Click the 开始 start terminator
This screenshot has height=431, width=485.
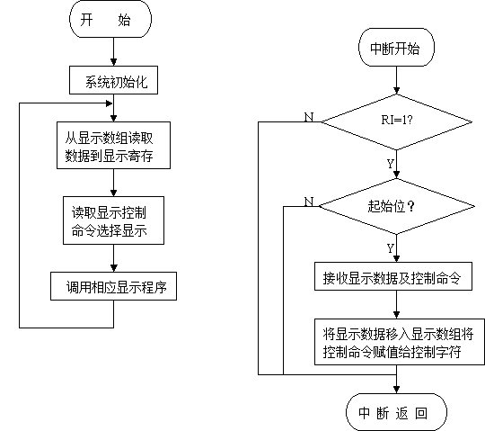pos(110,19)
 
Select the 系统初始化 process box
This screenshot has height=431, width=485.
pos(113,80)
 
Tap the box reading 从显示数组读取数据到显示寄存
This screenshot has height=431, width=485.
pos(113,146)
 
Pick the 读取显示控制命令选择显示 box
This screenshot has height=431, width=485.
pos(113,220)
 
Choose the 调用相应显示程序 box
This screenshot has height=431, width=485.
pos(113,286)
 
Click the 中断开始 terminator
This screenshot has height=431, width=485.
pos(396,48)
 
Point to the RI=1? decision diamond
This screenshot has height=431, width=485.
pos(396,121)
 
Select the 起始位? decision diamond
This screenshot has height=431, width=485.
pos(396,206)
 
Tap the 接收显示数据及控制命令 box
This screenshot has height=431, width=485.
pos(393,276)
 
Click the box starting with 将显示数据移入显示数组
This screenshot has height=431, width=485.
pos(400,342)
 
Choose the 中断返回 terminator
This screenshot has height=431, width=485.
pos(396,412)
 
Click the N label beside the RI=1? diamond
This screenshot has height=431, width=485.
pos(309,117)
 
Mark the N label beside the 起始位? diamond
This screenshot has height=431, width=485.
pos(309,202)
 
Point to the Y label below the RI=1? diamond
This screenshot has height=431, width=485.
pos(391,164)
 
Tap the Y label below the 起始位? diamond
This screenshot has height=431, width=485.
pos(391,248)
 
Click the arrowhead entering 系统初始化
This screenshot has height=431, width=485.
pos(113,62)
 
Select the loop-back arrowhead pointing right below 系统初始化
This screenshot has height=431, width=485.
pos(109,103)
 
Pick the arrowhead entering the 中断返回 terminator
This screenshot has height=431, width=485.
pos(396,390)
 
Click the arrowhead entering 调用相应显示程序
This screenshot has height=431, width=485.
pos(113,268)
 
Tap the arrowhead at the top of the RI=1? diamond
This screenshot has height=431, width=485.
pos(396,90)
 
